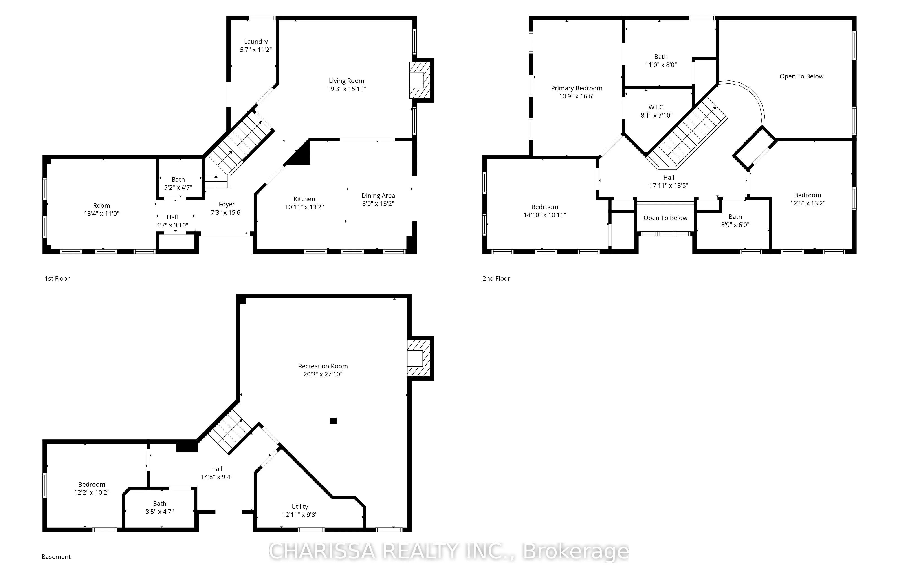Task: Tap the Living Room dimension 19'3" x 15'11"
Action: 346,89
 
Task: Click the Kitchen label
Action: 304,203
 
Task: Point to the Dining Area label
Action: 378,200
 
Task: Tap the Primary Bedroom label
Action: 577,92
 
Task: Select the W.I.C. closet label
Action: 657,111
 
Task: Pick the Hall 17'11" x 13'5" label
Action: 669,181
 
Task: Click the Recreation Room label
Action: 323,370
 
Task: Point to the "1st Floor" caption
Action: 57,278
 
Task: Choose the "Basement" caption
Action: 56,557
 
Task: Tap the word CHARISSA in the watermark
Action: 322,551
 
